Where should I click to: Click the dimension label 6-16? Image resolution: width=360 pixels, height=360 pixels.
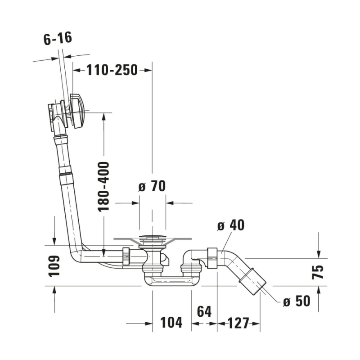pyautogui.click(x=58, y=38)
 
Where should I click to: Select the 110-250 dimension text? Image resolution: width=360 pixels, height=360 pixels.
pyautogui.click(x=112, y=70)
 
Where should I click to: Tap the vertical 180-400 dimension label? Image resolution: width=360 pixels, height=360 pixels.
pyautogui.click(x=103, y=187)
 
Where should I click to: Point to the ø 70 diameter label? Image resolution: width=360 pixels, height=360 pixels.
pyautogui.click(x=152, y=186)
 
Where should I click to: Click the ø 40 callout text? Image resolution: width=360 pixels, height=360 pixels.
pyautogui.click(x=231, y=225)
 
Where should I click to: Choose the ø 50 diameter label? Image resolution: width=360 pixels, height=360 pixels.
pyautogui.click(x=297, y=301)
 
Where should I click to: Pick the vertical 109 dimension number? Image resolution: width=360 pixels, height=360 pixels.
pyautogui.click(x=54, y=265)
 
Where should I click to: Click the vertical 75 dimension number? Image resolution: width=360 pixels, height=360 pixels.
pyautogui.click(x=318, y=272)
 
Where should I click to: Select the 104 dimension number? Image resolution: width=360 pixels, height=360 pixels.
pyautogui.click(x=171, y=322)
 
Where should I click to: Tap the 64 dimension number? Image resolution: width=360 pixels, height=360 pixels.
pyautogui.click(x=204, y=311)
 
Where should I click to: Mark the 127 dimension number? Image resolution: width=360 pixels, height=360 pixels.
pyautogui.click(x=238, y=323)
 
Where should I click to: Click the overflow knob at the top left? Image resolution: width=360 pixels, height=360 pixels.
pyautogui.click(x=77, y=111)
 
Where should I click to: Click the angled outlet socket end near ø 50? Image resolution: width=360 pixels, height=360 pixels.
pyautogui.click(x=253, y=282)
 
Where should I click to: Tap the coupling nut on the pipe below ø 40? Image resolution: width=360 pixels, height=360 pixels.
pyautogui.click(x=212, y=258)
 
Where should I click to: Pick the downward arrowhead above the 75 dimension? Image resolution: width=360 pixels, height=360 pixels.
pyautogui.click(x=319, y=254)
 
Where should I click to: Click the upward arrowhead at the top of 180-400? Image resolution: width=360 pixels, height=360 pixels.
pyautogui.click(x=104, y=117)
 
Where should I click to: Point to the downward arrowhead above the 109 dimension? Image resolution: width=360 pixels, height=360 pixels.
pyautogui.click(x=54, y=241)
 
